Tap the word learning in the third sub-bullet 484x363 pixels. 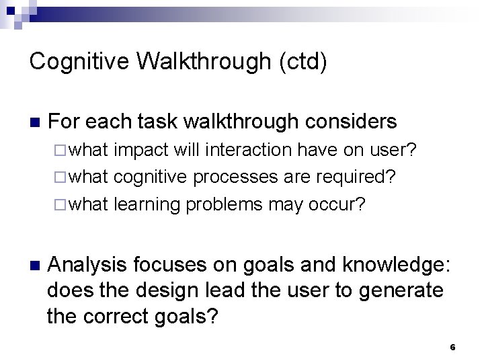coord(148,204)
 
